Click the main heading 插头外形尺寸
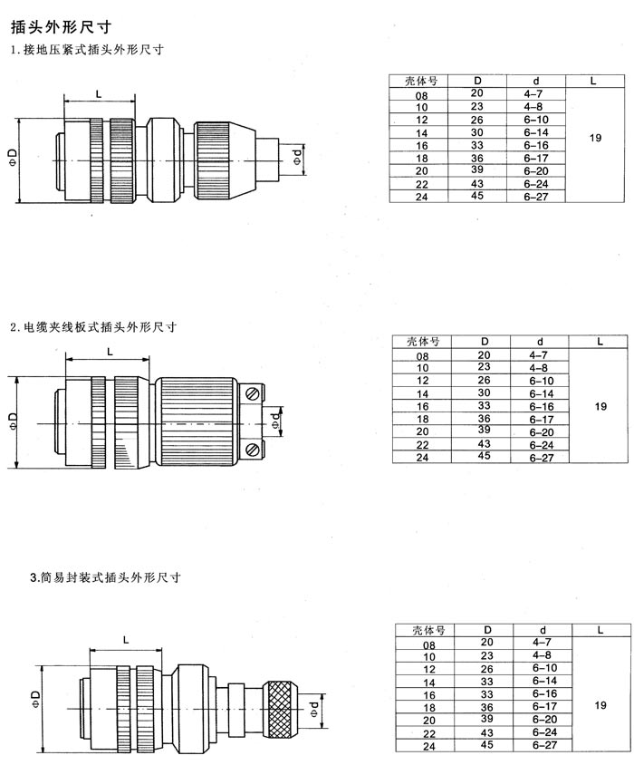pos(62,26)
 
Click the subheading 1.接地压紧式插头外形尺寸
pos(87,49)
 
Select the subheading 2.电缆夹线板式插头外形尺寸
pos(93,326)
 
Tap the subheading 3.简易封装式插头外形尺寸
pos(105,577)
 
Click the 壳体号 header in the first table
pos(421,81)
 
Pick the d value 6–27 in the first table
pos(536,197)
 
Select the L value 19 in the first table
pos(595,138)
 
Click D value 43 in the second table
pos(484,444)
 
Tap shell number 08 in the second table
pos(422,356)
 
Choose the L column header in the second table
pos(600,342)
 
